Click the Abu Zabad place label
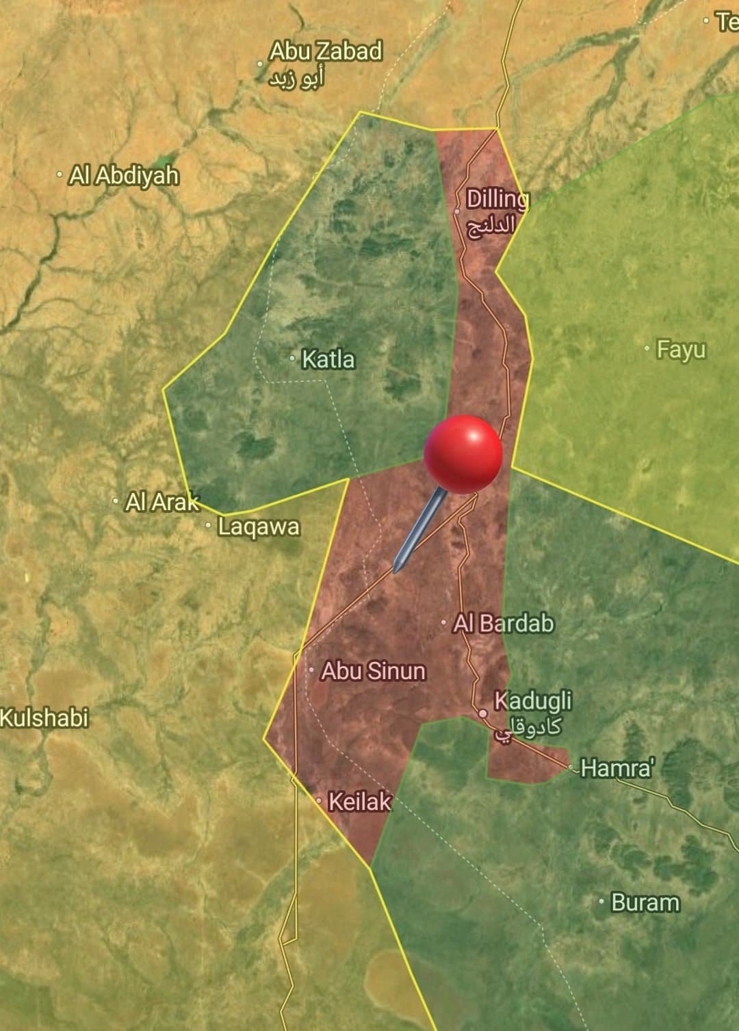pos(325,51)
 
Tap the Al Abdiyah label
pos(124,176)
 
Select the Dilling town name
pos(497,199)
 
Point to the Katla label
pos(328,359)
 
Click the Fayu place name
pos(681,350)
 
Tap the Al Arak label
pos(162,502)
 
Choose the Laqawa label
pos(259,527)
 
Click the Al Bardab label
pos(504,624)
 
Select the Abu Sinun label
pos(373,671)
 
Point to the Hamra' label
pos(617,768)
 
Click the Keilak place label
pos(360,802)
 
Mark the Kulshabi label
pos(44,718)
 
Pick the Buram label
pos(645,903)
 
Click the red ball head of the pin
pos(463,453)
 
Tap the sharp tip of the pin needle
pos(396,570)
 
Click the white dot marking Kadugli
pos(483,713)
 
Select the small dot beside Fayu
pos(647,348)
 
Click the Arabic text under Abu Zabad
pos(296,79)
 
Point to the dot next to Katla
pos(292,358)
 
